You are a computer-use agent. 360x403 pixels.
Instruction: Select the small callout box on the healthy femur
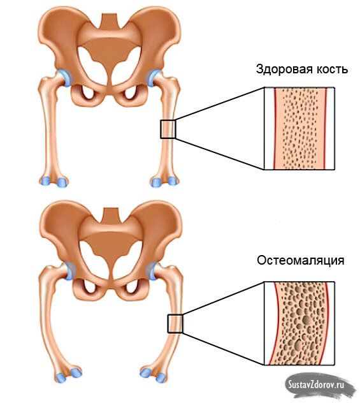(x=168, y=129)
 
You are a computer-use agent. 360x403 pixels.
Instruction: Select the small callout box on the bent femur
(x=175, y=323)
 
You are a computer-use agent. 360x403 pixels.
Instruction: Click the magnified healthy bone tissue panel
(x=299, y=128)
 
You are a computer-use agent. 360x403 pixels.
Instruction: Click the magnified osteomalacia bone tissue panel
(x=299, y=323)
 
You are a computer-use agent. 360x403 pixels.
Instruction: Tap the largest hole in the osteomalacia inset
(x=306, y=320)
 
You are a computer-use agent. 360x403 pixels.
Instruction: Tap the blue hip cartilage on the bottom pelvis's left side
(x=69, y=271)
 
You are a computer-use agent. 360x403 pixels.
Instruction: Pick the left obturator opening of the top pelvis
(x=87, y=93)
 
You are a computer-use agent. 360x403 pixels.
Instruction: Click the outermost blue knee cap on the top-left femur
(x=45, y=181)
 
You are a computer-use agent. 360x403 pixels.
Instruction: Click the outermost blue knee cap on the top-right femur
(x=173, y=180)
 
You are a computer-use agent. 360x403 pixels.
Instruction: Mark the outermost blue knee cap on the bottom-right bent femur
(x=161, y=377)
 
